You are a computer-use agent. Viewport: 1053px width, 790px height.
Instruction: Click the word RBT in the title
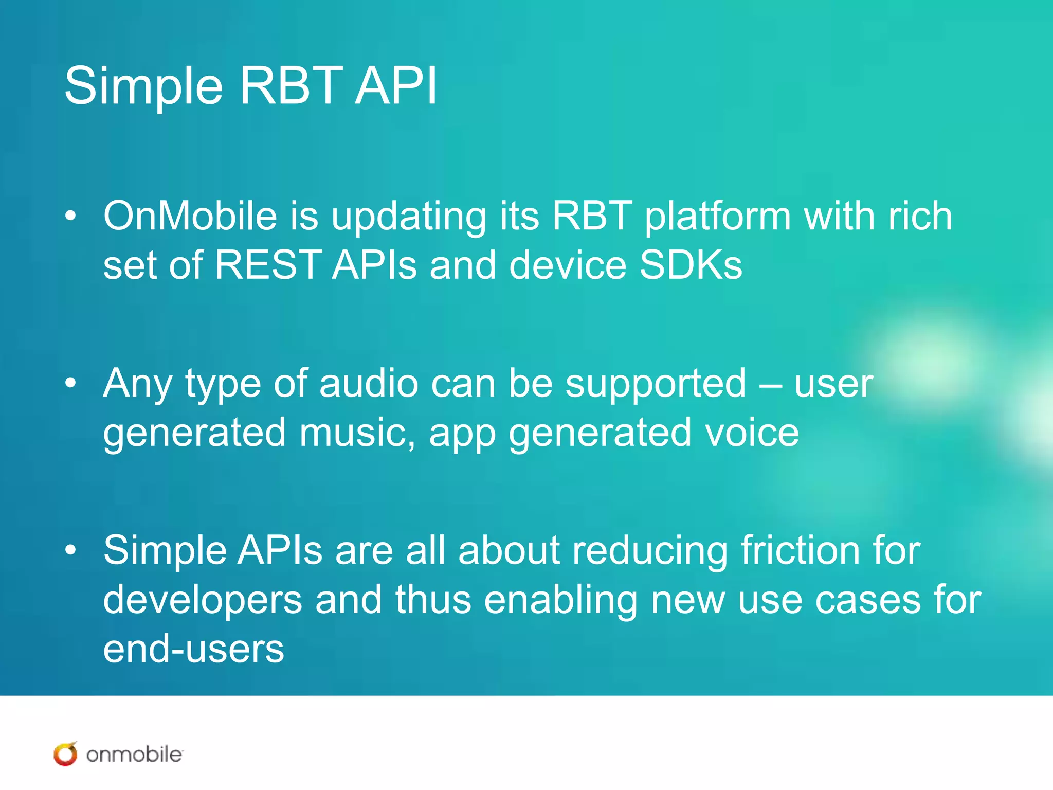pyautogui.click(x=291, y=86)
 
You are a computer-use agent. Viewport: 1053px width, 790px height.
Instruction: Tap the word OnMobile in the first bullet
pyautogui.click(x=190, y=216)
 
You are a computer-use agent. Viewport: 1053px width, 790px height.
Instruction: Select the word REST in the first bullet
pyautogui.click(x=268, y=265)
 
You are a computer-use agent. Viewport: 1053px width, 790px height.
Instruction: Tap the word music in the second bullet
pyautogui.click(x=357, y=433)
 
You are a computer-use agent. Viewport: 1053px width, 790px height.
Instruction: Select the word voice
pyautogui.click(x=752, y=433)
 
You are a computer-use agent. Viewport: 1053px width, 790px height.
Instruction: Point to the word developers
pyautogui.click(x=203, y=601)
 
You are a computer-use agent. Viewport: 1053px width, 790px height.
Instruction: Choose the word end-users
pyautogui.click(x=193, y=649)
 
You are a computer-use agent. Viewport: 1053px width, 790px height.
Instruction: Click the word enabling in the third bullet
pyautogui.click(x=561, y=601)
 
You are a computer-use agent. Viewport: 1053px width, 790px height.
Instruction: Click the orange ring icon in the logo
pyautogui.click(x=65, y=755)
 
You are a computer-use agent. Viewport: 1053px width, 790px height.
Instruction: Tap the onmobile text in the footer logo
pyautogui.click(x=134, y=755)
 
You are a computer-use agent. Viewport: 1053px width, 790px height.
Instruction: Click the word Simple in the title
pyautogui.click(x=143, y=86)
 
